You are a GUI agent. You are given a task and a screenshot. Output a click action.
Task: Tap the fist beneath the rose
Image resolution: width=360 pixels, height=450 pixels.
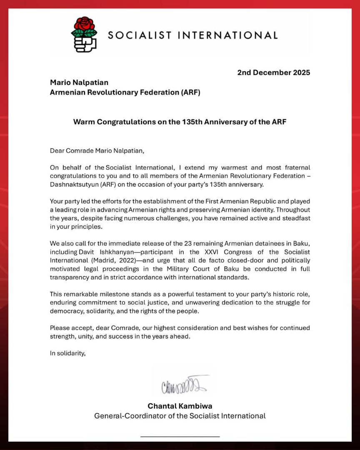pos(85,43)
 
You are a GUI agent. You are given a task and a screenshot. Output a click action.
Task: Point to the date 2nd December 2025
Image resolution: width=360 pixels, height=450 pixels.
pos(273,72)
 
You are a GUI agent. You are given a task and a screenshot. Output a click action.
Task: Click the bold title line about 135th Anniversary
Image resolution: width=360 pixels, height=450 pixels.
pos(180,122)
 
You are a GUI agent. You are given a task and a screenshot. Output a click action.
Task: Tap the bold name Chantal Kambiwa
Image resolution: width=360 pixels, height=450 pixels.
pos(180,406)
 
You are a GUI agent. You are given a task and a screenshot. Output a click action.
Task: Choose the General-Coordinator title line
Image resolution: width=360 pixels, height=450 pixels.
pos(180,415)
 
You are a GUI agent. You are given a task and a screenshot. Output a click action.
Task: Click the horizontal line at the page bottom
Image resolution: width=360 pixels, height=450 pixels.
pos(180,436)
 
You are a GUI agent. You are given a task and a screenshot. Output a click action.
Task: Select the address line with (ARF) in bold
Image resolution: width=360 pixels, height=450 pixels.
pos(125,92)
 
